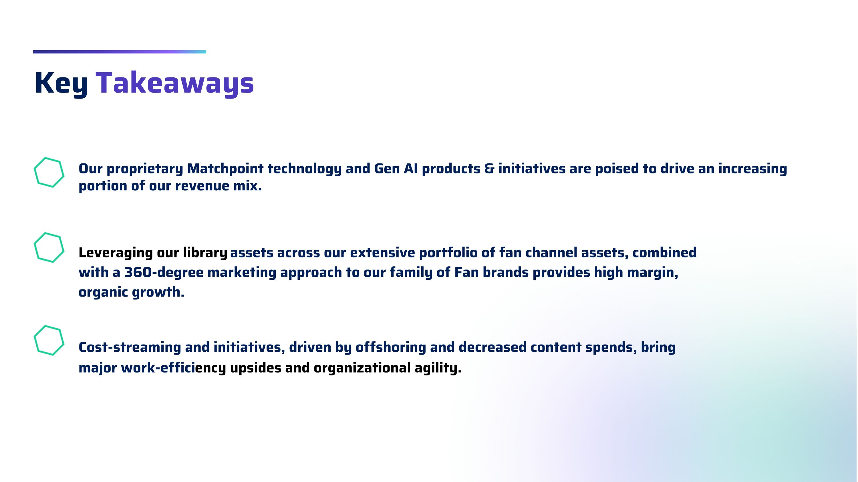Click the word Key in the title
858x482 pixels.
61,83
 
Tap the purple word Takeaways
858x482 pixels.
175,83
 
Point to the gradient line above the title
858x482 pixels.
120,52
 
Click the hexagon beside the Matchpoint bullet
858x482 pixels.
49,172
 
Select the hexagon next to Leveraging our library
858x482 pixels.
49,247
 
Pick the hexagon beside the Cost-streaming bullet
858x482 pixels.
49,340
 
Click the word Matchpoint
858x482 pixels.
225,169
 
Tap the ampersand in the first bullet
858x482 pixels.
489,169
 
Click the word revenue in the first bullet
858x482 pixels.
202,186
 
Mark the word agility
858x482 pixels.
438,368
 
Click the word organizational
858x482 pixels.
362,368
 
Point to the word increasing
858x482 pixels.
752,169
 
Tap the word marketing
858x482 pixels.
242,273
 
